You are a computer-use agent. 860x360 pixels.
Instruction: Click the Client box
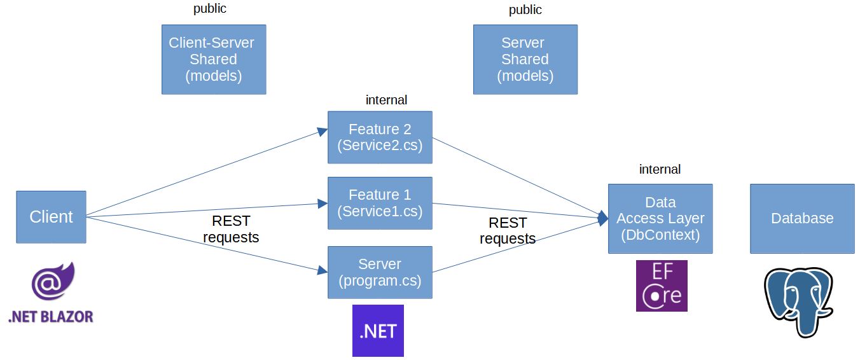(51, 217)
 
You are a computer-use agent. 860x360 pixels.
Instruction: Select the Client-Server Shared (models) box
(213, 59)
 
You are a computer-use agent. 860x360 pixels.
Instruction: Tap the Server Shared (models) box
(525, 59)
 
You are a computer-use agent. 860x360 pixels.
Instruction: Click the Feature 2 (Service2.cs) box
(380, 137)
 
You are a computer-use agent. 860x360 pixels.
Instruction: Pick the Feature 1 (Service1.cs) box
(380, 203)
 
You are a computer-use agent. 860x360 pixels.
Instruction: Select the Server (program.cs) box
(380, 272)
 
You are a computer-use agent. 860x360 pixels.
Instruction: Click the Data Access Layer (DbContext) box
(660, 218)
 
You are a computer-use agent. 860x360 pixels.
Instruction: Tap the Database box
(801, 218)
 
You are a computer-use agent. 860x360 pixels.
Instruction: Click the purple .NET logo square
(378, 331)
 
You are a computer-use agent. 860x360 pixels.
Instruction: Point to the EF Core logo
(662, 286)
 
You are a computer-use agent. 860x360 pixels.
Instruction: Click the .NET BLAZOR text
(51, 316)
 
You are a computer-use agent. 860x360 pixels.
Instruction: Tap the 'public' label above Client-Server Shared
(209, 9)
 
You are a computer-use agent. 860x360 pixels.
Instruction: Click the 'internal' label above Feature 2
(386, 100)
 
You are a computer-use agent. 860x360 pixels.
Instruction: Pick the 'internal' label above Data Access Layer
(660, 169)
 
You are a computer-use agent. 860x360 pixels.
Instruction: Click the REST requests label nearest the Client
(231, 229)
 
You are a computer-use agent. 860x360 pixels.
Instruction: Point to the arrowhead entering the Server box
(322, 271)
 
